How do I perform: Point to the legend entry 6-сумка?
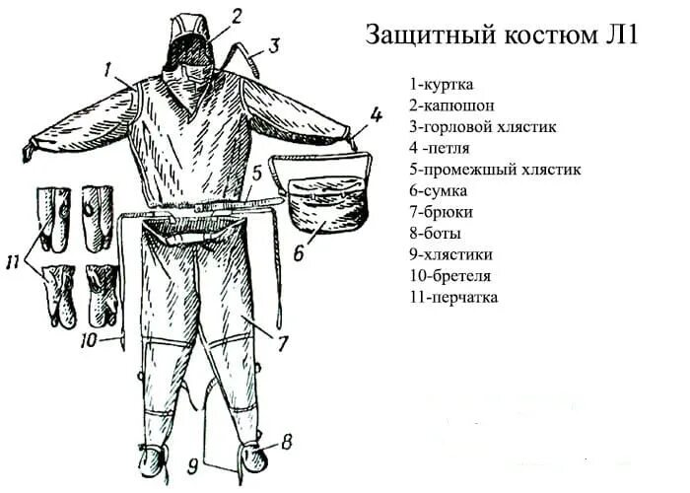tap(441, 190)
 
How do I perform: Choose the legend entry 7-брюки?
tap(443, 212)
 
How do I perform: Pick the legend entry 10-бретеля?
tap(453, 276)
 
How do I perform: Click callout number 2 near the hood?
tap(237, 15)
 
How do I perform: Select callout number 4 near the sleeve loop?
tap(376, 115)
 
